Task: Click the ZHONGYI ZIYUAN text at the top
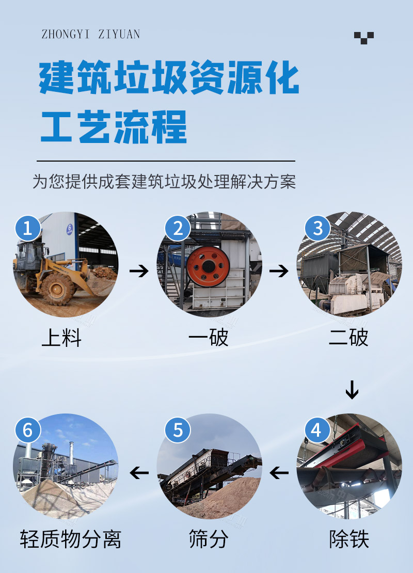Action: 91,34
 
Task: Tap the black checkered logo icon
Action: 363,38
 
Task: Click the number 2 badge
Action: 178,228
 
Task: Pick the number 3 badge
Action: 317,228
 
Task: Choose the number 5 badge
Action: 178,430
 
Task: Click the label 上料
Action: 61,337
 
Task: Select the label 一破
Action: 209,337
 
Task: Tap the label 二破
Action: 348,337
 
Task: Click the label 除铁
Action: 349,539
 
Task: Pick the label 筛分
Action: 209,539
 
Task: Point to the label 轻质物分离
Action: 71,539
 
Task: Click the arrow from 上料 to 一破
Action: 139,271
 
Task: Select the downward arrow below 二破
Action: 352,390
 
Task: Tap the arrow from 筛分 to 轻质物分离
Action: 139,472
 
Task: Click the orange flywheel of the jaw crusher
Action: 209,266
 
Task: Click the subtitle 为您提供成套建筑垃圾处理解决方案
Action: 164,182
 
